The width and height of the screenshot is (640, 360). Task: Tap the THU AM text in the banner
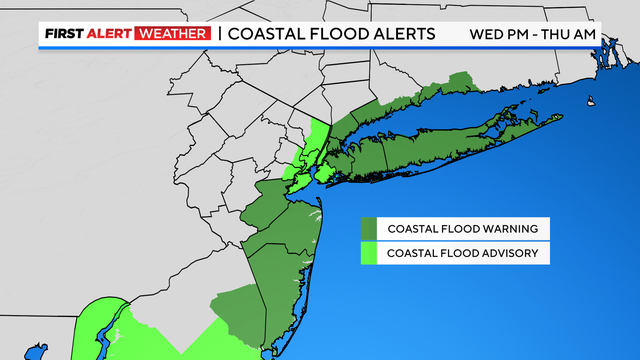[576, 33]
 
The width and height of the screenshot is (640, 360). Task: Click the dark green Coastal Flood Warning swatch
[369, 227]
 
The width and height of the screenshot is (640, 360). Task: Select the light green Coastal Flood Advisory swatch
[369, 252]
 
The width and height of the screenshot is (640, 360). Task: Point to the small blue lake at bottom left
[36, 351]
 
